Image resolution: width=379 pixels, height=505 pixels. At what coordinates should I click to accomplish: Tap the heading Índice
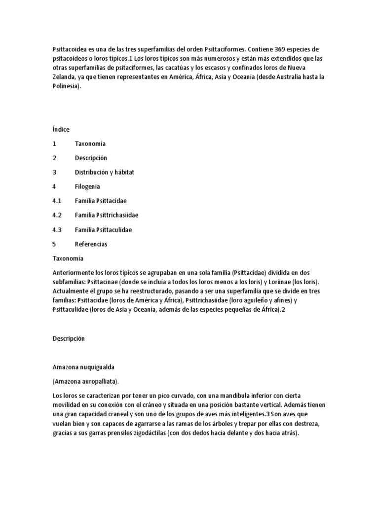[61, 129]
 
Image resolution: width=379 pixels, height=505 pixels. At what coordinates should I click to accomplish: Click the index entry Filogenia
[87, 186]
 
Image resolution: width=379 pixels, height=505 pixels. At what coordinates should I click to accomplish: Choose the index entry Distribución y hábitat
[105, 172]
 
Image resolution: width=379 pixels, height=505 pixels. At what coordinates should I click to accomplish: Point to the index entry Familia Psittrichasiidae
[107, 216]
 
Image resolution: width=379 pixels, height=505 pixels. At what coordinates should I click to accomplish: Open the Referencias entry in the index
[91, 244]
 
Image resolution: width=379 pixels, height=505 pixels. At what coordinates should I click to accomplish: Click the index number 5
[54, 244]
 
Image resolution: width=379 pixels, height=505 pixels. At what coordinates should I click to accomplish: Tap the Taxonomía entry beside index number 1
[90, 144]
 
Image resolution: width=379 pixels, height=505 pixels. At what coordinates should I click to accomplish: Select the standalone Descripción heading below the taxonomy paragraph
[69, 338]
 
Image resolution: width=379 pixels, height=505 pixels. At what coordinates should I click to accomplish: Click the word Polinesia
[65, 86]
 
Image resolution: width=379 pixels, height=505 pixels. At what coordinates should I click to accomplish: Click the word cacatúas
[177, 68]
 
